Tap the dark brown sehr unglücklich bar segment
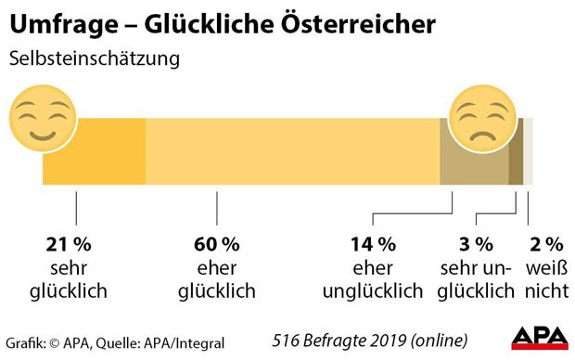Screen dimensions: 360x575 point(516,152)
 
